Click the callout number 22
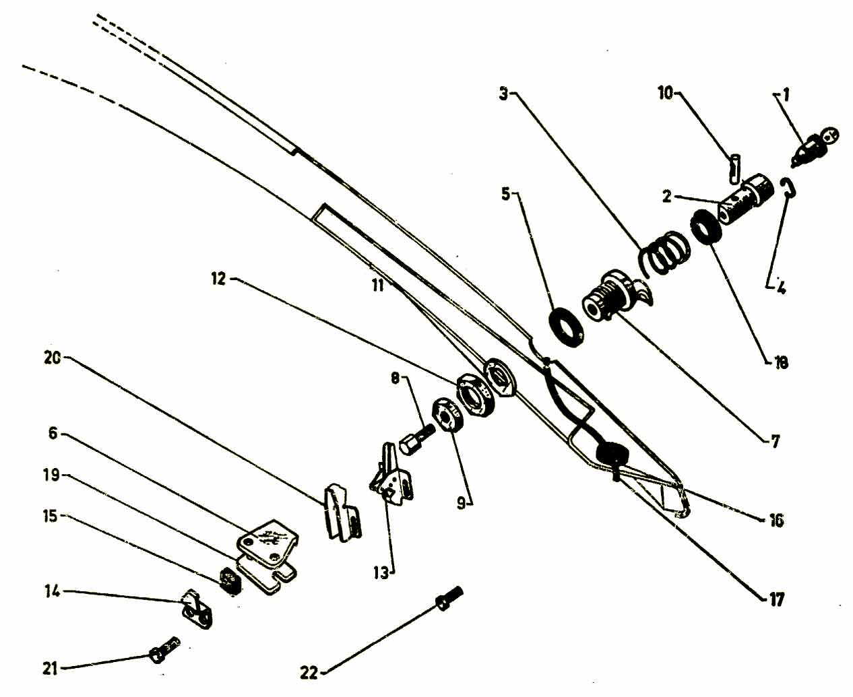coord(309,673)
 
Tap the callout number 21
coord(50,669)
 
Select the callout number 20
coord(53,358)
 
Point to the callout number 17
coord(776,599)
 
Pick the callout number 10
coord(665,94)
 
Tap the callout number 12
coord(218,279)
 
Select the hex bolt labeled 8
coord(417,440)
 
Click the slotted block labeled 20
coord(341,513)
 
